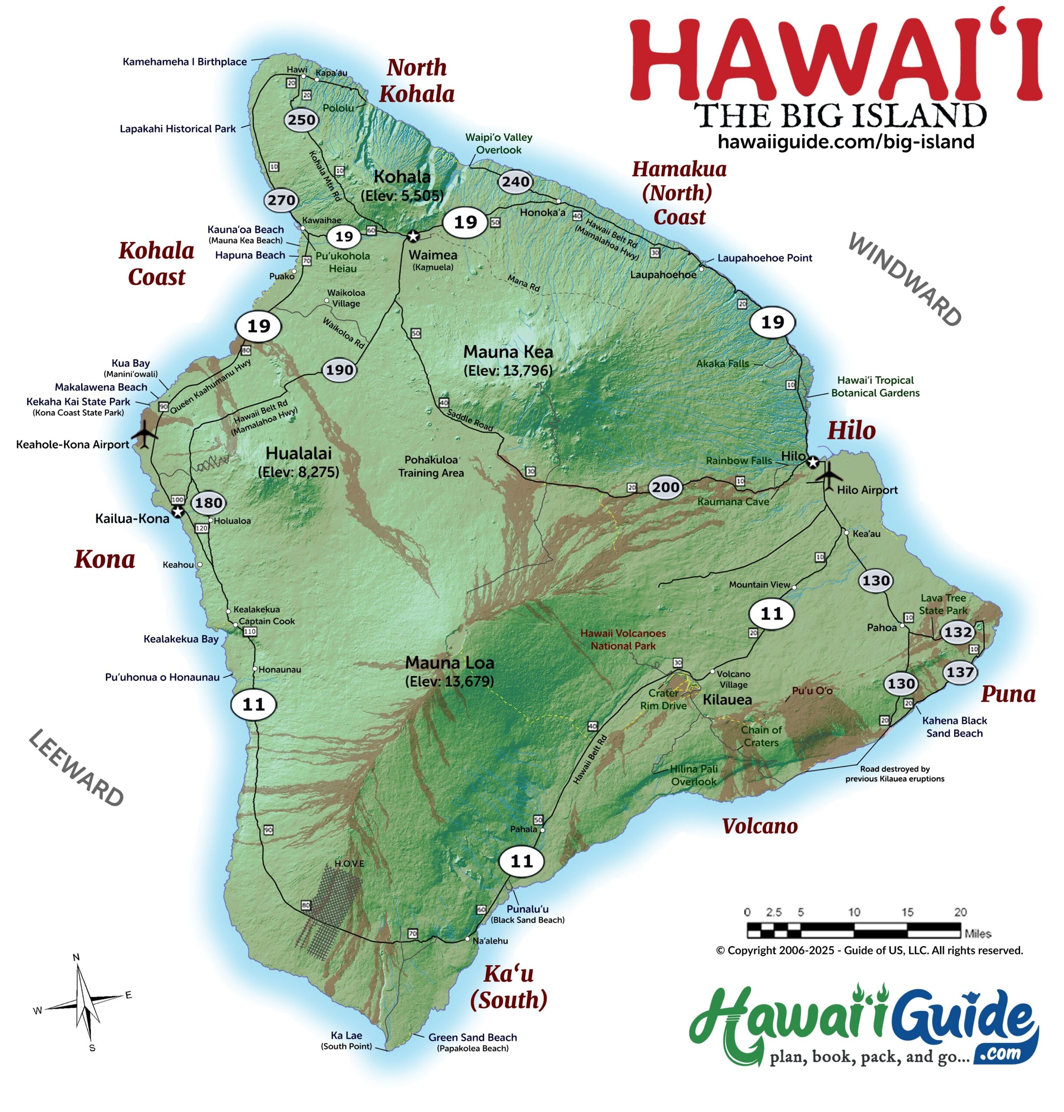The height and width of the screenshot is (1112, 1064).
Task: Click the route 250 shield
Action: point(301,119)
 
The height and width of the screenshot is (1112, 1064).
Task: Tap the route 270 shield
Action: point(281,200)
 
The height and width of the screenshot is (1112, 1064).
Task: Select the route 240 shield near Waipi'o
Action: point(516,182)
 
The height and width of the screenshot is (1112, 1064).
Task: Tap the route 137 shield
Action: point(960,672)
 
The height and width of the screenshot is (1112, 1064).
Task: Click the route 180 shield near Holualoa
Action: point(208,503)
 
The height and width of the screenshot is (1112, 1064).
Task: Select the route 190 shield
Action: point(339,370)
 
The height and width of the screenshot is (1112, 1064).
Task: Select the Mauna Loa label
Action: point(449,662)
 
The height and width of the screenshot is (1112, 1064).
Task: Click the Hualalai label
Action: point(298,453)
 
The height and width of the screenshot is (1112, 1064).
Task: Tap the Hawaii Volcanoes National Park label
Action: point(623,639)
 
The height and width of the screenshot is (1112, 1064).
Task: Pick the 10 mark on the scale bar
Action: point(854,912)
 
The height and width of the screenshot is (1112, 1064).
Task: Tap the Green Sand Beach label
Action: point(472,1037)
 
